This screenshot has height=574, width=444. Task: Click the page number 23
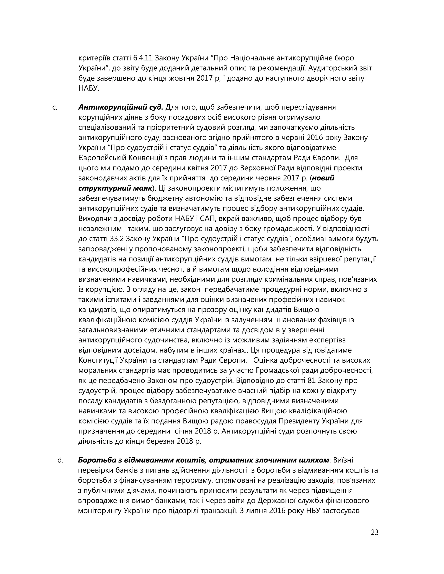point(374,532)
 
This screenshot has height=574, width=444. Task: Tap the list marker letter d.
point(60,460)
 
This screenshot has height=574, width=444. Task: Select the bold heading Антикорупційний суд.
point(121,107)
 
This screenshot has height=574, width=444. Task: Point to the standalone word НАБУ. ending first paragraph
point(89,88)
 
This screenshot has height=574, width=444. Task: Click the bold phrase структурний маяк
point(115,188)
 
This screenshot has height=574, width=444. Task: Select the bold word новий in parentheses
point(323,178)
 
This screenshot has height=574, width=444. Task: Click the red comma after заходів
point(334,481)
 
